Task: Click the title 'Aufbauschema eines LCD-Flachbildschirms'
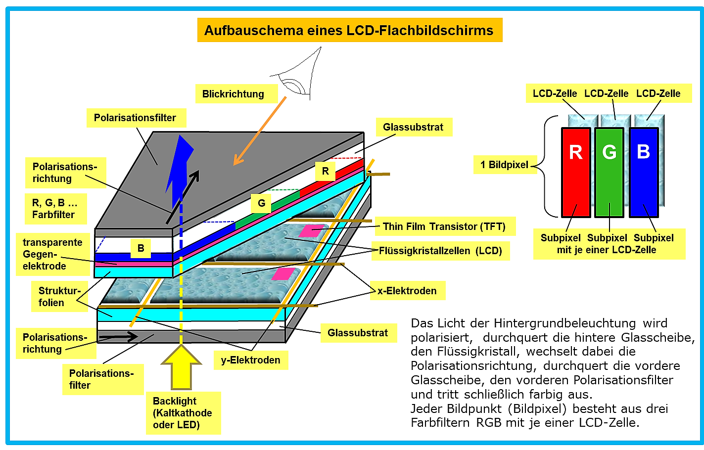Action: [350, 30]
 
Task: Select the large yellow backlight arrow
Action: [181, 367]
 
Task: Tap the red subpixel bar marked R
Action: [576, 172]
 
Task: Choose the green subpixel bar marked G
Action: [609, 172]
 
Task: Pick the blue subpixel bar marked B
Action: [644, 172]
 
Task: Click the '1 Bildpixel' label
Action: [505, 164]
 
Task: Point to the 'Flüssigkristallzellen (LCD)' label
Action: [440, 251]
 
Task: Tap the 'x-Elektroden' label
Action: [408, 291]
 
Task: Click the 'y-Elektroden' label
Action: [251, 360]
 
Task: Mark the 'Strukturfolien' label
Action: [59, 296]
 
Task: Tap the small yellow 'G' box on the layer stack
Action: [261, 203]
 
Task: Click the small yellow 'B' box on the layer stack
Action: [141, 248]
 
